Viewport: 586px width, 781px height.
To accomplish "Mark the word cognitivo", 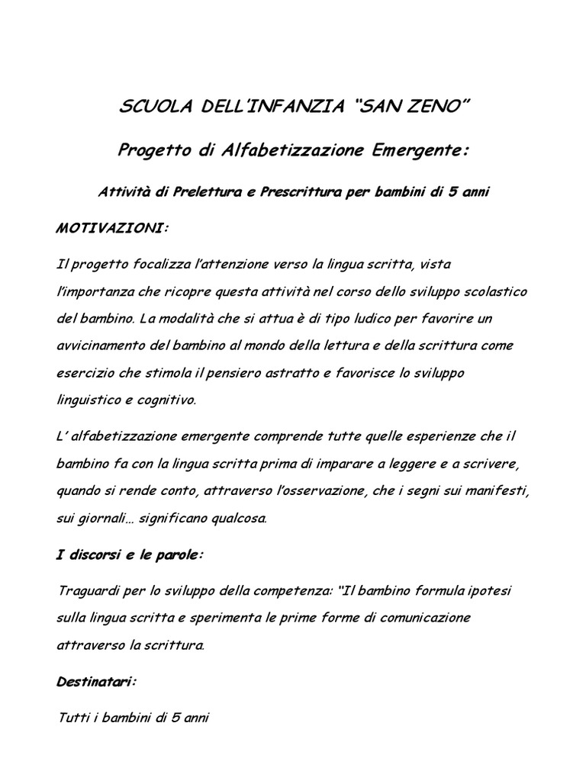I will click(166, 400).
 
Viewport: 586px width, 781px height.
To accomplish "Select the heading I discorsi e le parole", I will click(130, 555).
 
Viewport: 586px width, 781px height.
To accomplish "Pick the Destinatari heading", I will click(95, 660).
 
